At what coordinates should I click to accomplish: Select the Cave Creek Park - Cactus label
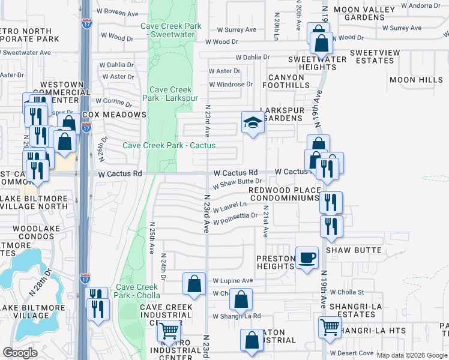[169, 145]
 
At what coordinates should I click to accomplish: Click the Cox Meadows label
[114, 114]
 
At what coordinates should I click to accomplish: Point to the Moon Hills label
[415, 80]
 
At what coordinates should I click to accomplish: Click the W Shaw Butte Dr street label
[237, 182]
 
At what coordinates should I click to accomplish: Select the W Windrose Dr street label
[231, 85]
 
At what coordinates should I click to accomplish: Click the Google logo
[20, 353]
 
